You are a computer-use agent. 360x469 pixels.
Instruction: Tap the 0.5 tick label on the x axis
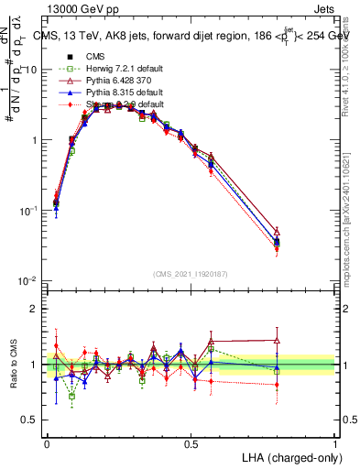pos(191,442)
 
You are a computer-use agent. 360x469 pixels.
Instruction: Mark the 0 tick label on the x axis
pos(47,442)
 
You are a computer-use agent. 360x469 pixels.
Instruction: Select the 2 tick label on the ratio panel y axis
pos(34,309)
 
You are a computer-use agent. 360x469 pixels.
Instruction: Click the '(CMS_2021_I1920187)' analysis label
pos(191,272)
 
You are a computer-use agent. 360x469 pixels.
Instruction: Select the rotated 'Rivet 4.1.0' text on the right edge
pos(350,55)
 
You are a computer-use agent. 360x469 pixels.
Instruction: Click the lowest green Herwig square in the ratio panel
pos(71,396)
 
